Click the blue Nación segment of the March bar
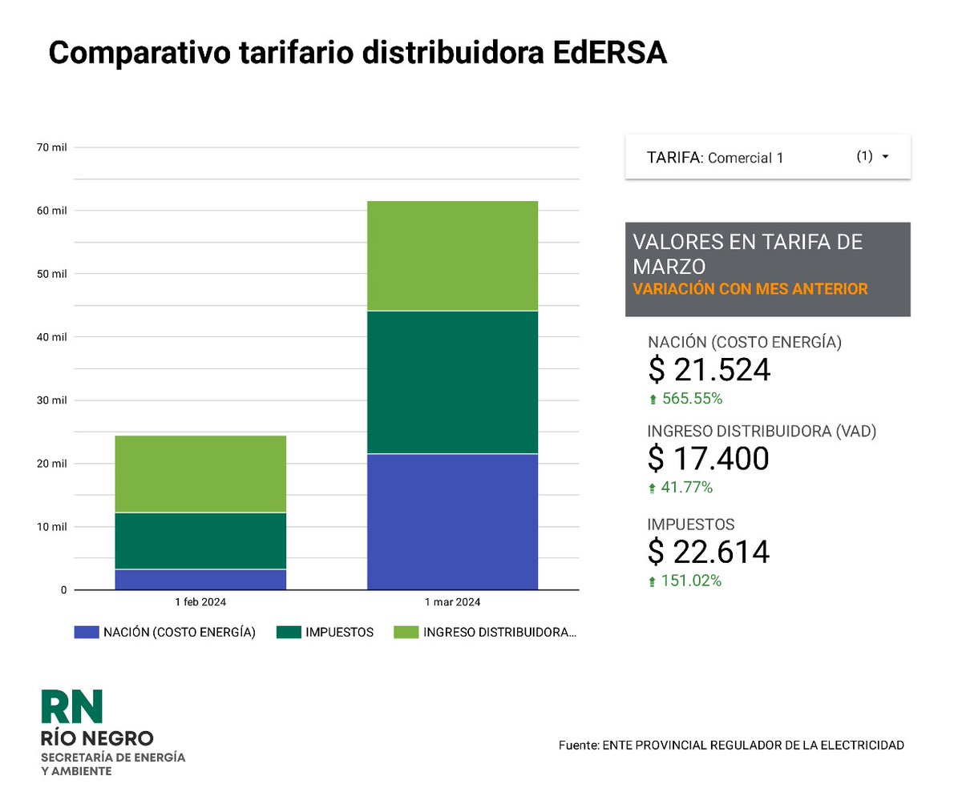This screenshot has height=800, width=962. click(452, 521)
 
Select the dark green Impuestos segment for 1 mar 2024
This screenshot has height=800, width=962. click(452, 382)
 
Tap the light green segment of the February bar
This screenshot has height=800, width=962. click(200, 474)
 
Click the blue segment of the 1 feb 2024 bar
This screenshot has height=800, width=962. click(200, 580)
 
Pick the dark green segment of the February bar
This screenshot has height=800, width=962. click(200, 541)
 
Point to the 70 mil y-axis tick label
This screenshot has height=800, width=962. click(52, 147)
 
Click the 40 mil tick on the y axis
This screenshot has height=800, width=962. click(52, 337)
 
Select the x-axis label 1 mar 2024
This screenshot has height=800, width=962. click(452, 602)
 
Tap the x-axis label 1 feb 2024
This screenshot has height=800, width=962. click(200, 602)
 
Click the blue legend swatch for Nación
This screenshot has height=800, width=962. click(85, 633)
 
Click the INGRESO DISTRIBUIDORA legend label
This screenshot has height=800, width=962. click(499, 633)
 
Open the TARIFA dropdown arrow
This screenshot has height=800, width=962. click(885, 157)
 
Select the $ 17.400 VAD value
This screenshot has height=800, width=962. click(708, 459)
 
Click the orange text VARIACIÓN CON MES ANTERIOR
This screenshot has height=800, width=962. click(750, 289)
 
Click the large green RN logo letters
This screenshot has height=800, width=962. click(72, 706)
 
